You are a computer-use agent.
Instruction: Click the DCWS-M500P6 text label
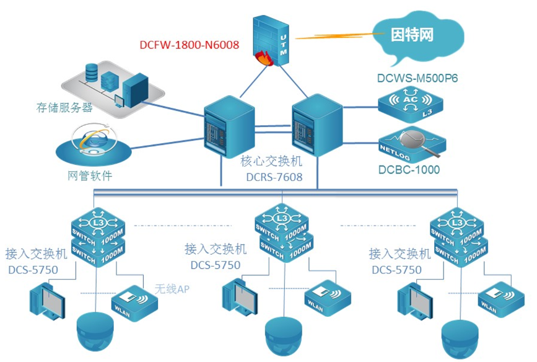click(x=414, y=78)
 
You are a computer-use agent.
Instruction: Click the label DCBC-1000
click(x=409, y=170)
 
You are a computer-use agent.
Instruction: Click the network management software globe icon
click(x=92, y=144)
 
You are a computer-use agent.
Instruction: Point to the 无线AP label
click(x=172, y=289)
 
